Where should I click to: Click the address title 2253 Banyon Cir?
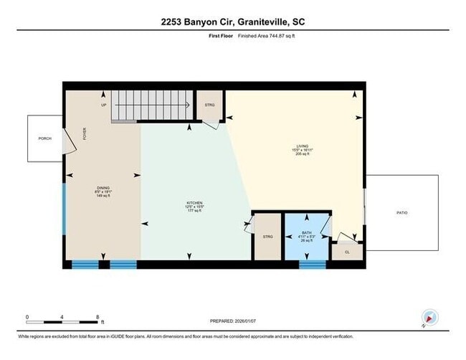(233, 22)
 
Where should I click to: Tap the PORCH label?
(44, 138)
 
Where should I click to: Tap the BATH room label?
(307, 236)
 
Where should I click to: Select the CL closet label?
(347, 252)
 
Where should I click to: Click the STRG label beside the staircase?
(209, 105)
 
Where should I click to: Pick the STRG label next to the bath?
(267, 236)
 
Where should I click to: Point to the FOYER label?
(84, 133)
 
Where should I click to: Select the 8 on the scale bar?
(98, 316)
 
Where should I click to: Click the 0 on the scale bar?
(27, 316)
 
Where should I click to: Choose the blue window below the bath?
(313, 265)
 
